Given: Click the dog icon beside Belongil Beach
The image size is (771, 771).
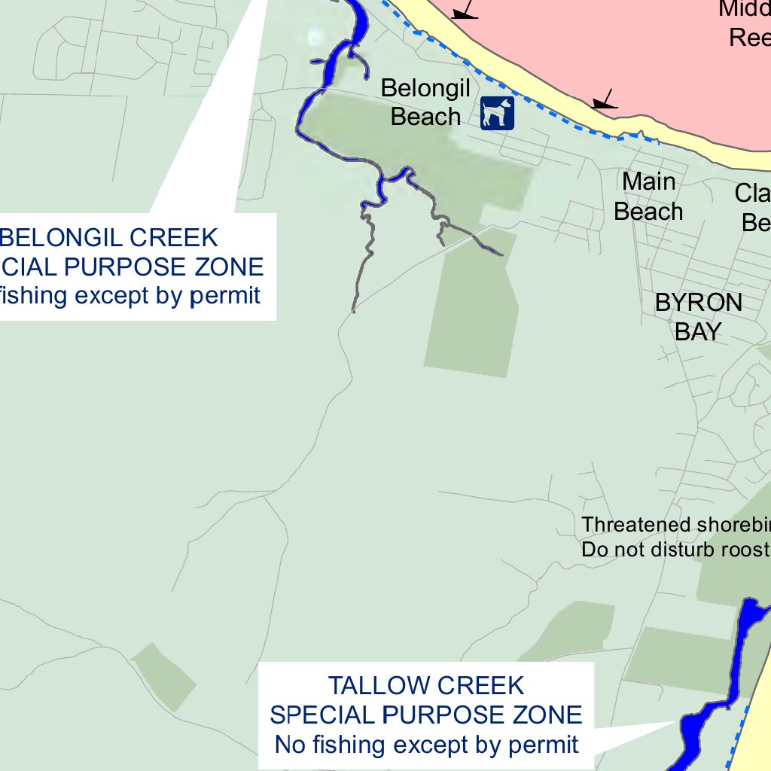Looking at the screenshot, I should coord(497,113).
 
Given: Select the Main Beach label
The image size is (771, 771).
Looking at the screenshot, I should coord(648,197).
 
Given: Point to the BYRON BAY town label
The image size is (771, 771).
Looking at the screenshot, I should coord(698,317).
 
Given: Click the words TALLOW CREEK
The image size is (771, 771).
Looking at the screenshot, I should coord(426,686).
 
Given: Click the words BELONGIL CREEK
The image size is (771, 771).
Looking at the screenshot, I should coord(110,238).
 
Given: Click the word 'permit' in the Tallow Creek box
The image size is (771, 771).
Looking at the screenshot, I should coord(543,745).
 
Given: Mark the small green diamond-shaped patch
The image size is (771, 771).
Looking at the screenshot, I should coord(164,677).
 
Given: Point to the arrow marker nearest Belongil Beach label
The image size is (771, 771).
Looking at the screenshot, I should coord(605,100).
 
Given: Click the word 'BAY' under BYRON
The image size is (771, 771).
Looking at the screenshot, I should coord(698,332).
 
